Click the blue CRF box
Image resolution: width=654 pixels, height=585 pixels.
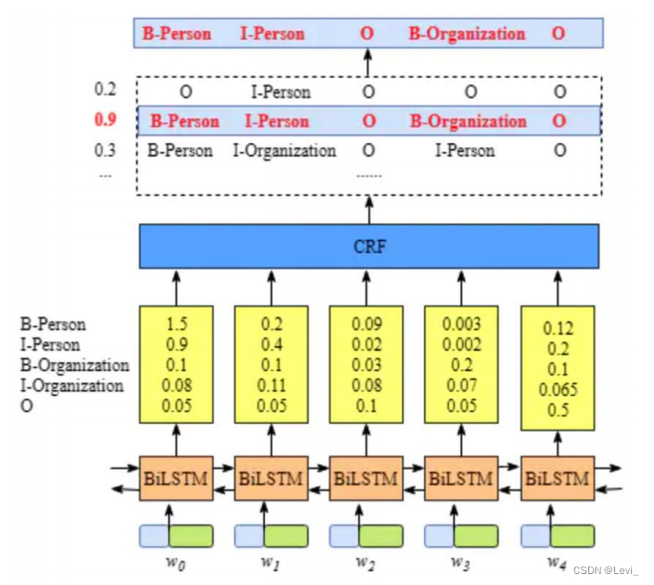pyautogui.click(x=369, y=246)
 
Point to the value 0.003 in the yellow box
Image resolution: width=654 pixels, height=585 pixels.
pyautogui.click(x=462, y=323)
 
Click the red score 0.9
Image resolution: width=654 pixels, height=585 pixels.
pyautogui.click(x=105, y=121)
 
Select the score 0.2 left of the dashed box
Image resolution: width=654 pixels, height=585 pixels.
pyautogui.click(x=105, y=90)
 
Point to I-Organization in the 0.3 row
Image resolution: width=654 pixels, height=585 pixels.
pyautogui.click(x=285, y=151)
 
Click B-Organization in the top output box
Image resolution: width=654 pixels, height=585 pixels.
pyautogui.click(x=467, y=34)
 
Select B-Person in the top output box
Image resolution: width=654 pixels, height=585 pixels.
pyautogui.click(x=177, y=34)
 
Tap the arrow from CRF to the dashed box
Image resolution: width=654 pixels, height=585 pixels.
pyautogui.click(x=369, y=209)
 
